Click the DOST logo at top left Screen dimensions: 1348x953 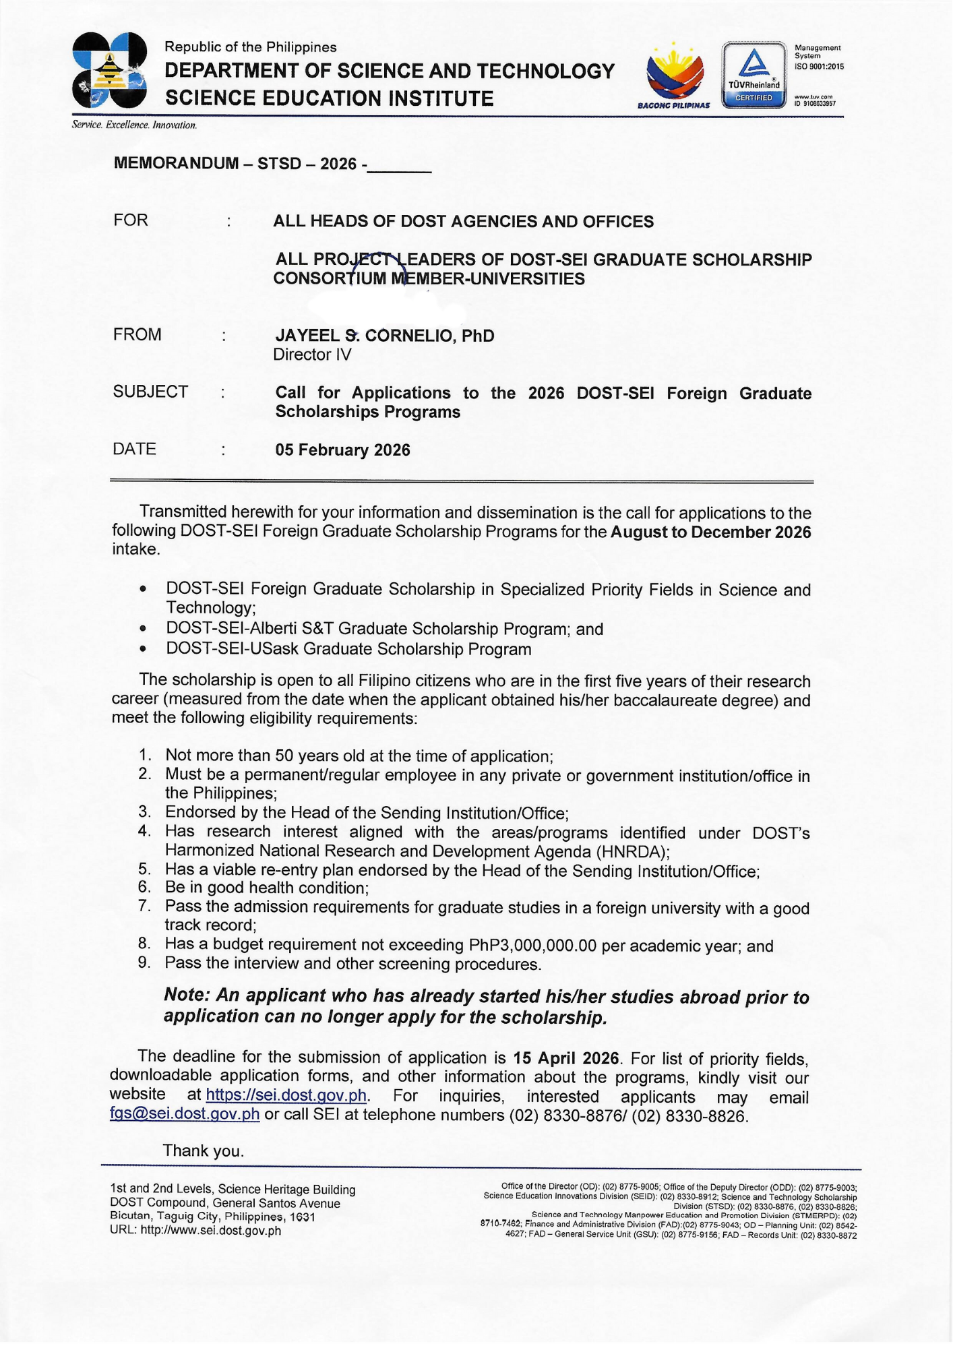pos(110,71)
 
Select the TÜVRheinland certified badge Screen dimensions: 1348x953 pos(754,74)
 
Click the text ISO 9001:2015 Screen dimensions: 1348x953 pos(819,67)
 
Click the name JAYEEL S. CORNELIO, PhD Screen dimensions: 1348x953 pos(384,336)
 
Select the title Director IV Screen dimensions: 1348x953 pos(312,355)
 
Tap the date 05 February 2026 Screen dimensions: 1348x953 pos(342,450)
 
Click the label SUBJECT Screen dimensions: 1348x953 pos(150,392)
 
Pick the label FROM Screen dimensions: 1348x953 pos(137,334)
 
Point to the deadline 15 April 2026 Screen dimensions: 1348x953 pos(565,1058)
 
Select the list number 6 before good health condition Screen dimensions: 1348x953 pos(144,888)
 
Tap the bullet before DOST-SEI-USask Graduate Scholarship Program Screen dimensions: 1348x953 pos(143,649)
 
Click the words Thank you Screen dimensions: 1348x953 pos(203,1151)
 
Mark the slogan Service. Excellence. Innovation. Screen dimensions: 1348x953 pos(134,125)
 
